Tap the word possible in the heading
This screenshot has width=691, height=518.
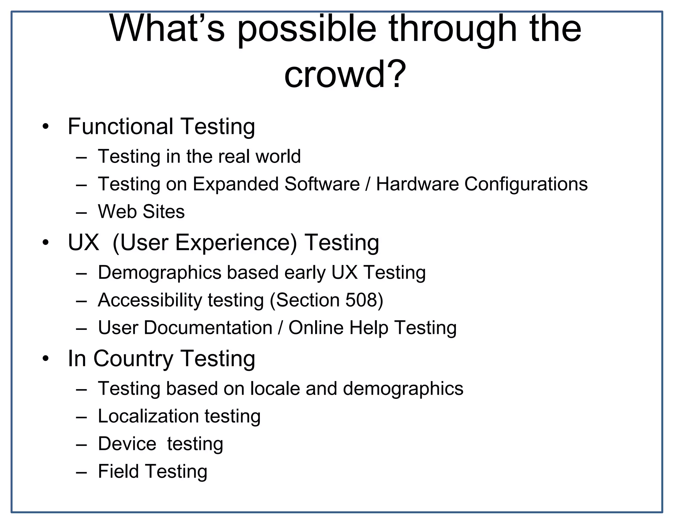[x=307, y=30]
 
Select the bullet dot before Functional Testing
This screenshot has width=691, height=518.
[x=46, y=127]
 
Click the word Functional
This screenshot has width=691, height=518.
[x=120, y=126]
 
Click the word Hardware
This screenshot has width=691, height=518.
[x=417, y=184]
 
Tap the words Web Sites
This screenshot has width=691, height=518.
[x=141, y=212]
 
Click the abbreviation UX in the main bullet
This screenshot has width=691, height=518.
[x=83, y=242]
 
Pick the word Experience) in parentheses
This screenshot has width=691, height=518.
[x=236, y=243]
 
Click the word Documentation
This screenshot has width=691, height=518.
[x=208, y=328]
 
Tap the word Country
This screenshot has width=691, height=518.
[x=133, y=359]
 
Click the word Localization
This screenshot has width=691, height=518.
[x=148, y=416]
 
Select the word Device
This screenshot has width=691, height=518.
[x=127, y=444]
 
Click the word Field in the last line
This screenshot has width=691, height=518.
[x=118, y=471]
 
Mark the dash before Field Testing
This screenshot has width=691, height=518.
[x=82, y=472]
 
